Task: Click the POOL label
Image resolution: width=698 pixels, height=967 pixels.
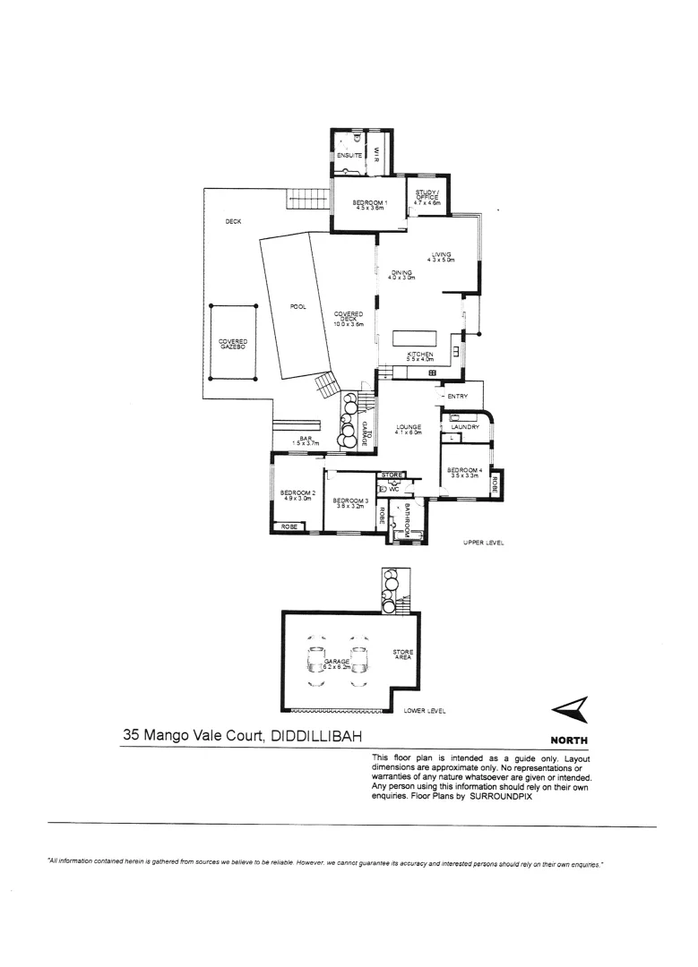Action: coord(298,307)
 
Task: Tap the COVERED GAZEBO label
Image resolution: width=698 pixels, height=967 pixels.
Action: coord(233,343)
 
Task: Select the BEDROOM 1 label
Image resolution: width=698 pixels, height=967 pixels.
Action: coord(368,204)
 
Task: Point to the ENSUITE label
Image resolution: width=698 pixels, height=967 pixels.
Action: coord(349,156)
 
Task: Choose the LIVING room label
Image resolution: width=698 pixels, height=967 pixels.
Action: coord(441,256)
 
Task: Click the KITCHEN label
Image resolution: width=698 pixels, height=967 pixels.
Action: coord(420,355)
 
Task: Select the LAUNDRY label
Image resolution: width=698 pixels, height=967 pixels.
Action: coord(465,427)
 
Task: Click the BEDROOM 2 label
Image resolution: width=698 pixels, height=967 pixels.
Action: coord(297,495)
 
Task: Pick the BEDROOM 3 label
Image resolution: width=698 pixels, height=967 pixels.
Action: coord(349,502)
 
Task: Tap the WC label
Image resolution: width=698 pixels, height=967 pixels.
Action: coord(393,489)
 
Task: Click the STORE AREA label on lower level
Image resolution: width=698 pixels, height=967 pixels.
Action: coord(402,655)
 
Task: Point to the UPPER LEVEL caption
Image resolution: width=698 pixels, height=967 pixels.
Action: coord(485,543)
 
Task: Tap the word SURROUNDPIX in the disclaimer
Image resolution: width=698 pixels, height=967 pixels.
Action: coord(502,796)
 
